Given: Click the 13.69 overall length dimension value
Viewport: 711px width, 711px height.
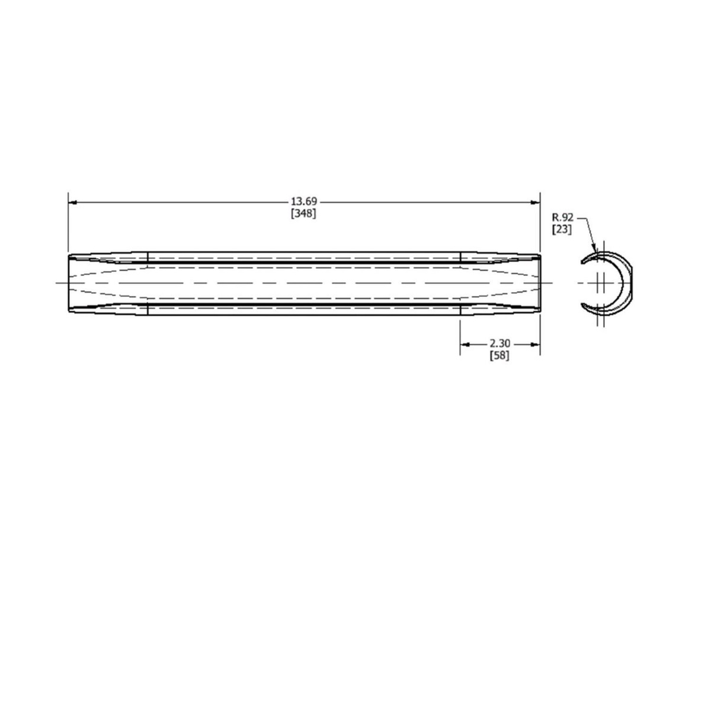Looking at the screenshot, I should tap(303, 202).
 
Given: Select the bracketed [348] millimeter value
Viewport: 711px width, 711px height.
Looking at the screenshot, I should tap(303, 213).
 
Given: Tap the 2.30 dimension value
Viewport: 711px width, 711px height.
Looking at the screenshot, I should tap(500, 344).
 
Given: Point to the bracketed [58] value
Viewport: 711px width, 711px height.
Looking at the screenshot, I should tap(500, 355).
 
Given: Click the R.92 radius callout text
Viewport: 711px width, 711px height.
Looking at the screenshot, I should tap(562, 217).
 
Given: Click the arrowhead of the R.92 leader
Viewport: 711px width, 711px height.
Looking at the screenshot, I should tap(594, 248).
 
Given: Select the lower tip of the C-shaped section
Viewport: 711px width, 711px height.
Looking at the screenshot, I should tap(583, 306).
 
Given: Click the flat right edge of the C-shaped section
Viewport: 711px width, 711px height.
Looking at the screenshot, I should tap(632, 283).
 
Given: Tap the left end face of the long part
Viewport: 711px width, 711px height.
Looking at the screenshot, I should tap(68, 283).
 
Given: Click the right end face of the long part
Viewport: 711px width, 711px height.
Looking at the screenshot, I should tap(540, 283).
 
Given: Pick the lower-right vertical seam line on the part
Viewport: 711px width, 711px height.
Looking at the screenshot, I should tap(460, 309).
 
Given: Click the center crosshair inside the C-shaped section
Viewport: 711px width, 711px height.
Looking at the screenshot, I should tap(601, 283).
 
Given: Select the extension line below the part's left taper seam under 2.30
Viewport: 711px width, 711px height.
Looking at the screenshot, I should tap(460, 335).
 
